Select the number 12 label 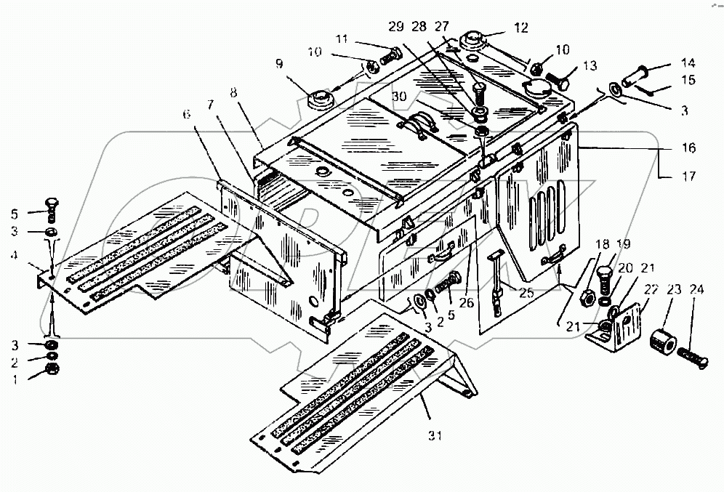point(521,28)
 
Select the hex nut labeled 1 point(53,369)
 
